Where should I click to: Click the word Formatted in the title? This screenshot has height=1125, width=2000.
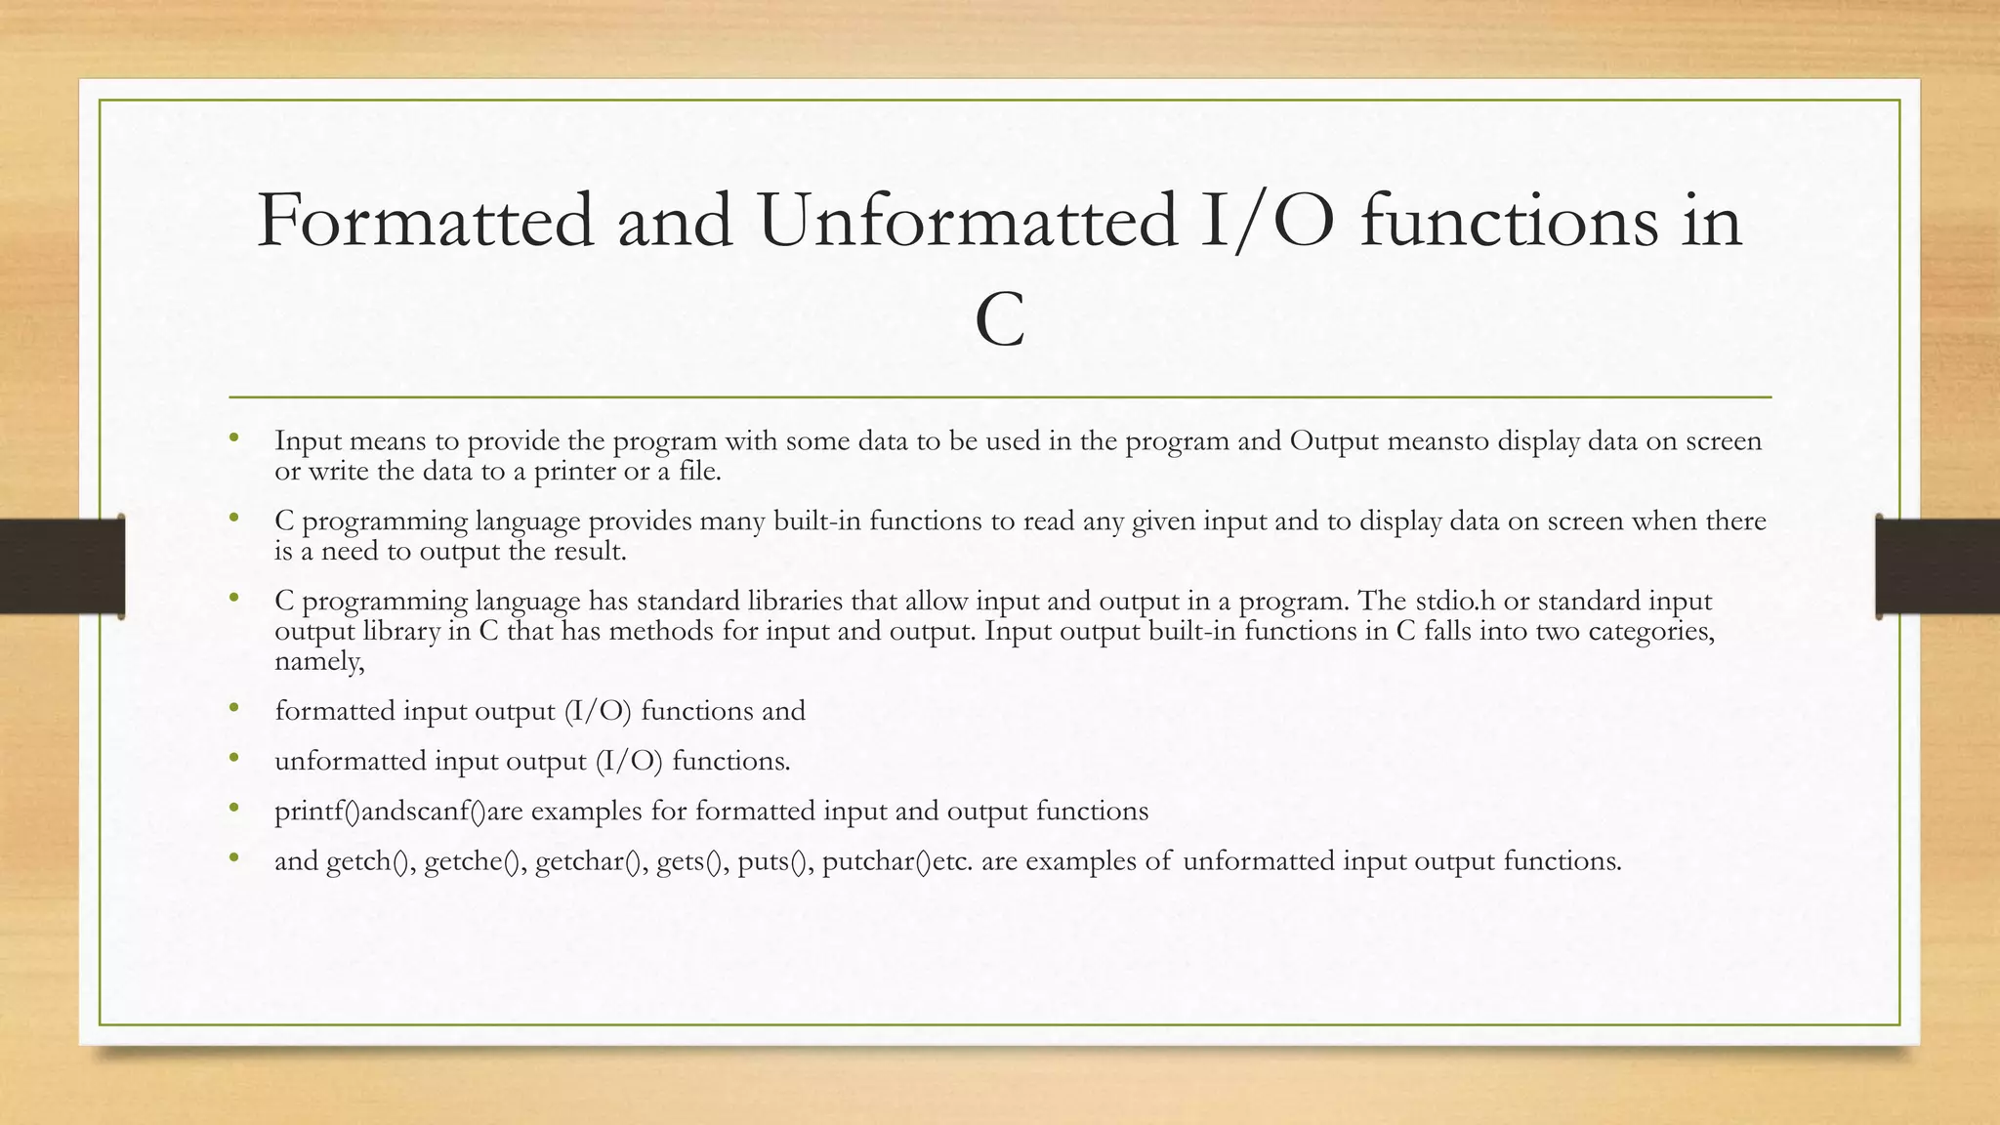click(425, 222)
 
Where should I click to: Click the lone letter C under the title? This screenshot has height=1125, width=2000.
click(999, 320)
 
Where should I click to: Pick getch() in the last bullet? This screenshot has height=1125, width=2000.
click(370, 861)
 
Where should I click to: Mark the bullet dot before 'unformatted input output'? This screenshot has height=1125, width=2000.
click(234, 759)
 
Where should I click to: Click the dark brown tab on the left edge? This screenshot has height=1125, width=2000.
click(61, 566)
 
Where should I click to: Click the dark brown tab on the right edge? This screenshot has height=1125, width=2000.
click(1938, 566)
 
